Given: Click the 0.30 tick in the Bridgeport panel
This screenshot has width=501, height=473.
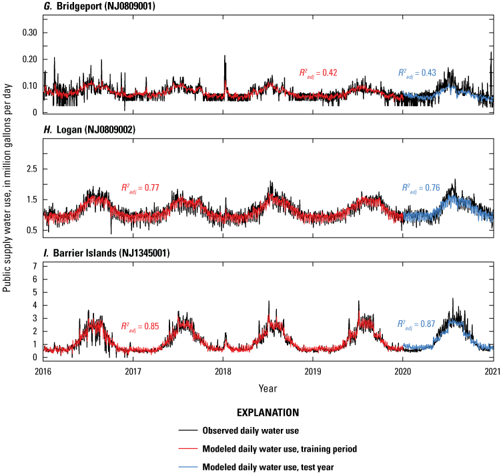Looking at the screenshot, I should (30, 33).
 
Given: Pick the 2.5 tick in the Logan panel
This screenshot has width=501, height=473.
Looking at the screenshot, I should (33, 169).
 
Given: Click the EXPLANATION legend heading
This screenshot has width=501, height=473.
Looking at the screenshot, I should (267, 413).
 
